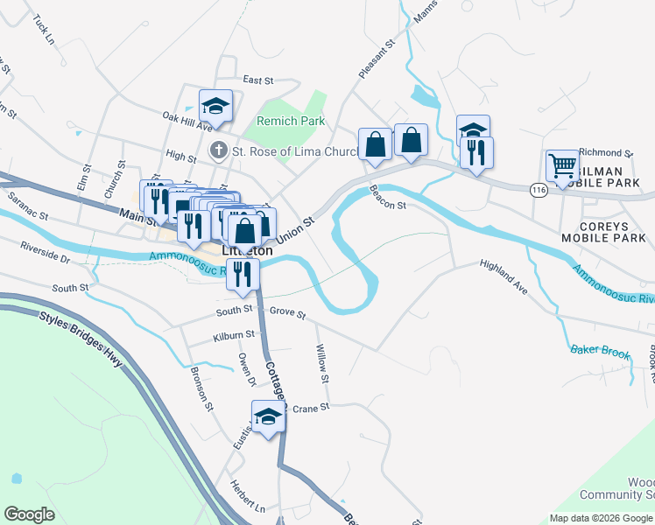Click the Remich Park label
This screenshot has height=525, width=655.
tap(290, 121)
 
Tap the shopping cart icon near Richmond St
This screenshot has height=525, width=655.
tap(561, 164)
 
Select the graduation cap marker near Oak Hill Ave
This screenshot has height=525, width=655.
tap(215, 106)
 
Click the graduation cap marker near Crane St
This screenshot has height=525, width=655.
tap(268, 416)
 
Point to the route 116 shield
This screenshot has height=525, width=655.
tap(538, 189)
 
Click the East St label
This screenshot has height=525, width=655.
tap(258, 80)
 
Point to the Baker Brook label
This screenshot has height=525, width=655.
tap(600, 352)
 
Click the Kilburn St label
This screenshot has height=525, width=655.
tap(233, 335)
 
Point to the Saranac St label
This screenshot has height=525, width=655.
tap(28, 208)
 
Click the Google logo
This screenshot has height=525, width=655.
tap(29, 514)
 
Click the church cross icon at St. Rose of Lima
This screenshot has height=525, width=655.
tap(218, 150)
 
